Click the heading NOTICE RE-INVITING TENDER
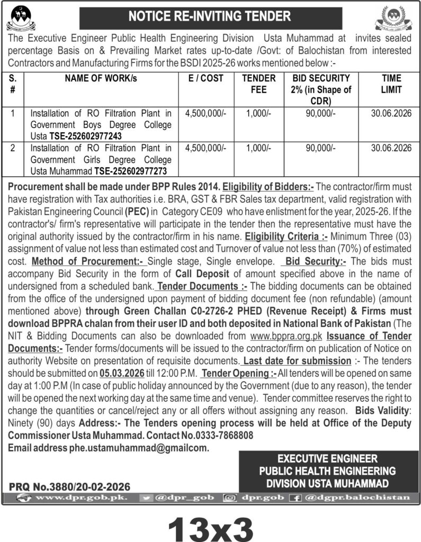[x=209, y=16]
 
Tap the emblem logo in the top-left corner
[x=21, y=17]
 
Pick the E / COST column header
[x=205, y=78]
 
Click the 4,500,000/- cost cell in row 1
[x=205, y=113]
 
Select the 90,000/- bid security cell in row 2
[x=320, y=148]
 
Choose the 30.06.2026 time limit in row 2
[x=391, y=148]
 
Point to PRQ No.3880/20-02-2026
[x=69, y=486]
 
